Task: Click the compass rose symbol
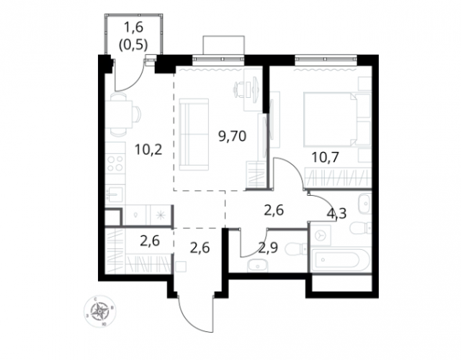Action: point(100,312)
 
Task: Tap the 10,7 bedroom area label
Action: point(326,158)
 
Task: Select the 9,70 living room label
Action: point(232,136)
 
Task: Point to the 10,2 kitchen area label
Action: point(148,150)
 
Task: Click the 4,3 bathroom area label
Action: point(336,213)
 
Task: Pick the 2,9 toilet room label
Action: point(269,248)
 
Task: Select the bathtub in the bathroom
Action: point(338,261)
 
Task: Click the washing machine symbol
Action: point(321,235)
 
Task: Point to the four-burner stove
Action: point(115,163)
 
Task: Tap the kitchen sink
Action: point(115,194)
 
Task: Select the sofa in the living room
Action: point(194,135)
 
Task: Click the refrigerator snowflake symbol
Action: point(161,215)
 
